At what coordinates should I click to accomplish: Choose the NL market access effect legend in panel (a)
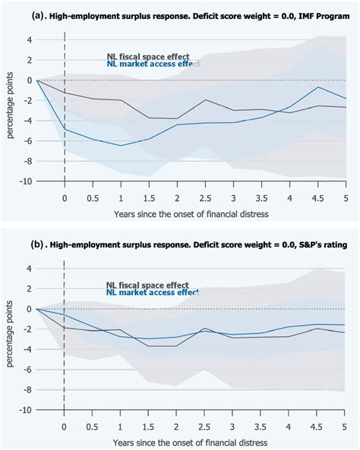pos(152,64)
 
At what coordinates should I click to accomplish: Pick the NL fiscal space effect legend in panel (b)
pos(148,285)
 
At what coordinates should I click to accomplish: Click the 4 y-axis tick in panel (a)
pos(27,39)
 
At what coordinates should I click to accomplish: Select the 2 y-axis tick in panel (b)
pos(27,288)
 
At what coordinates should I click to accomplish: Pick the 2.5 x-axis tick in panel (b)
pos(205,426)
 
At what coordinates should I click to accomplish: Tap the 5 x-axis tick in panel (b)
pos(346,426)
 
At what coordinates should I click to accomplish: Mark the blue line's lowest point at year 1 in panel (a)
pos(120,146)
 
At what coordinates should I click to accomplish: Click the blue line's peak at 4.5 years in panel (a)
pos(318,87)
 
